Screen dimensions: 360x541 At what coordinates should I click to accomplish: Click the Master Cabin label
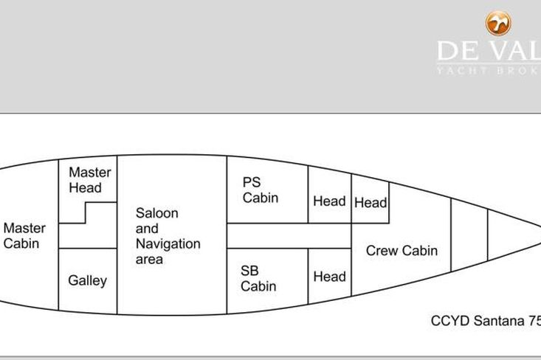point(24,235)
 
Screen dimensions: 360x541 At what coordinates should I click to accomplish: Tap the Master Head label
point(90,180)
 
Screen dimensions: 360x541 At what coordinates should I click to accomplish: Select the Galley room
point(88,280)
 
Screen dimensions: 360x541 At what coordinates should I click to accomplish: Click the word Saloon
point(156,213)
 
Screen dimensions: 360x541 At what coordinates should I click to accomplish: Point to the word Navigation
point(168,244)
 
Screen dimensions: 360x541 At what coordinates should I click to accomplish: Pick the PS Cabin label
point(261,190)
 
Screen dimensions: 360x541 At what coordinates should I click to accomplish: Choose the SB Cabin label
point(258,278)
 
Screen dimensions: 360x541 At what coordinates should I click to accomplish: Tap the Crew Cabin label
point(402,251)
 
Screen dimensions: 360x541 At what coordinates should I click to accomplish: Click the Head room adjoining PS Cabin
point(329,201)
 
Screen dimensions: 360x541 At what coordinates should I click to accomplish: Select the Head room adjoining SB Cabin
point(329,277)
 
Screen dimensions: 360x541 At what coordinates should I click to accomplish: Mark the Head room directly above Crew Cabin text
point(371,201)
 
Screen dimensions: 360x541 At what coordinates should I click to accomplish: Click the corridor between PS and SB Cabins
point(288,235)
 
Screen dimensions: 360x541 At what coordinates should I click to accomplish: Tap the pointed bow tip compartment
point(509,235)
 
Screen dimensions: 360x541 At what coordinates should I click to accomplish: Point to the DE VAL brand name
point(488,51)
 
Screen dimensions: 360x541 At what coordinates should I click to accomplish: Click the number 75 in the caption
point(534,321)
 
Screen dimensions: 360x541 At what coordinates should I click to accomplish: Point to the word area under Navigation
point(149,260)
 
